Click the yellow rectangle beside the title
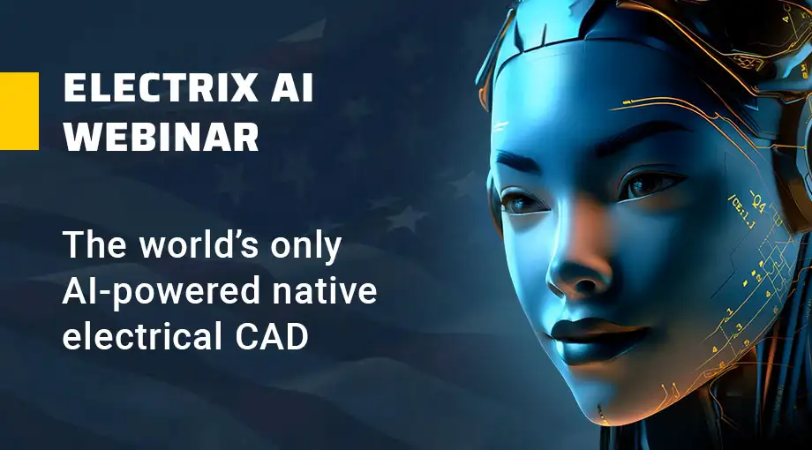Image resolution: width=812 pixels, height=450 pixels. tap(19, 111)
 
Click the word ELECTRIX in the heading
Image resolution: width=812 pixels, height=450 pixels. tap(161, 87)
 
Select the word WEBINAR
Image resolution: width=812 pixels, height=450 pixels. tap(161, 137)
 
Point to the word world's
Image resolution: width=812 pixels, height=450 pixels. tap(199, 244)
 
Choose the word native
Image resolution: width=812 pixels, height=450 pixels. tap(324, 290)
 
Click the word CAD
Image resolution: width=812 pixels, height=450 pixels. tap(271, 336)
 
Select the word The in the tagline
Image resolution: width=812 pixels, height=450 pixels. tap(94, 244)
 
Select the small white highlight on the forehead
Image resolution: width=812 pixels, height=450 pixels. tap(500, 126)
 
